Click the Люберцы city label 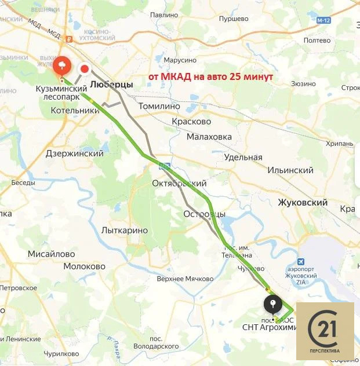[112, 85]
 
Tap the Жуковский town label [303, 203]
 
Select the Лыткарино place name [124, 230]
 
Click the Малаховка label [209, 137]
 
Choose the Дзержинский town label [74, 154]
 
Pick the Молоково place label [85, 266]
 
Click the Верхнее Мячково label [186, 279]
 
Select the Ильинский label [290, 170]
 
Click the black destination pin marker [272, 304]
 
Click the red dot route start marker [85, 69]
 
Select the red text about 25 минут [211, 77]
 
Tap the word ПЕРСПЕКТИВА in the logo [325, 352]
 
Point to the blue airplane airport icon [300, 261]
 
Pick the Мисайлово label [52, 254]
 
